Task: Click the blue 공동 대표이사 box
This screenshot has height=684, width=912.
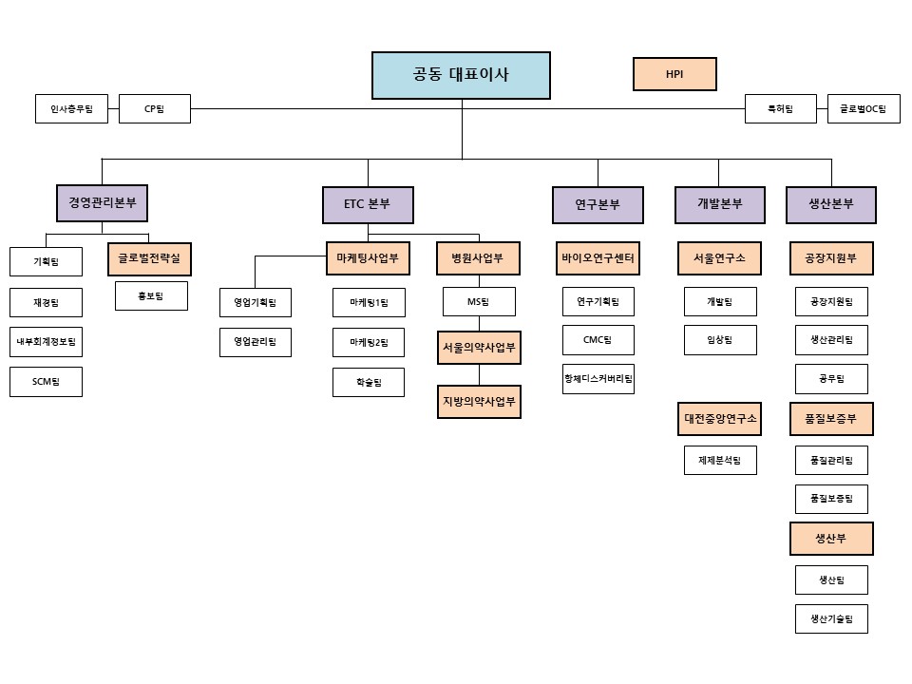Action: point(461,75)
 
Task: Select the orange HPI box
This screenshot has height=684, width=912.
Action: point(674,74)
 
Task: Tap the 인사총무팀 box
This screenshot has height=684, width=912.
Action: point(71,109)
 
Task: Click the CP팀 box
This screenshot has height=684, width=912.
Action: point(155,109)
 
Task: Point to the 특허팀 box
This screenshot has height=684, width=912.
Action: point(780,109)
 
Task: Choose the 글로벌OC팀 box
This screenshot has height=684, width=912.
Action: point(863,109)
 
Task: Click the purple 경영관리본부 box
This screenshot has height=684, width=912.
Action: point(103,203)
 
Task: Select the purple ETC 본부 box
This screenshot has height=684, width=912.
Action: point(368,204)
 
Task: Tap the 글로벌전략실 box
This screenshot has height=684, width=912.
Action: point(150,258)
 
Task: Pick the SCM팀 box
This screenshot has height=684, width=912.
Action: point(47,381)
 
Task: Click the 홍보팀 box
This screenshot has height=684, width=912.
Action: point(151,296)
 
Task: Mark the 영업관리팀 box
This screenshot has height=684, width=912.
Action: point(256,342)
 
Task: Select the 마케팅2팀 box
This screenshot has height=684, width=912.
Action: point(369,342)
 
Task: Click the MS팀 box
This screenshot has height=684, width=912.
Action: point(479,302)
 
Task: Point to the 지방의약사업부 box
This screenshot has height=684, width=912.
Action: point(479,401)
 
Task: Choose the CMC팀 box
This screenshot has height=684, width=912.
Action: point(598,340)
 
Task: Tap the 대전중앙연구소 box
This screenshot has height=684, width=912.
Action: point(720,419)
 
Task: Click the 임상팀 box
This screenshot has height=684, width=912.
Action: point(720,340)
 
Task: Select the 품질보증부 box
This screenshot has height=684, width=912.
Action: point(831,419)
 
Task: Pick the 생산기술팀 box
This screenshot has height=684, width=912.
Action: point(831,619)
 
